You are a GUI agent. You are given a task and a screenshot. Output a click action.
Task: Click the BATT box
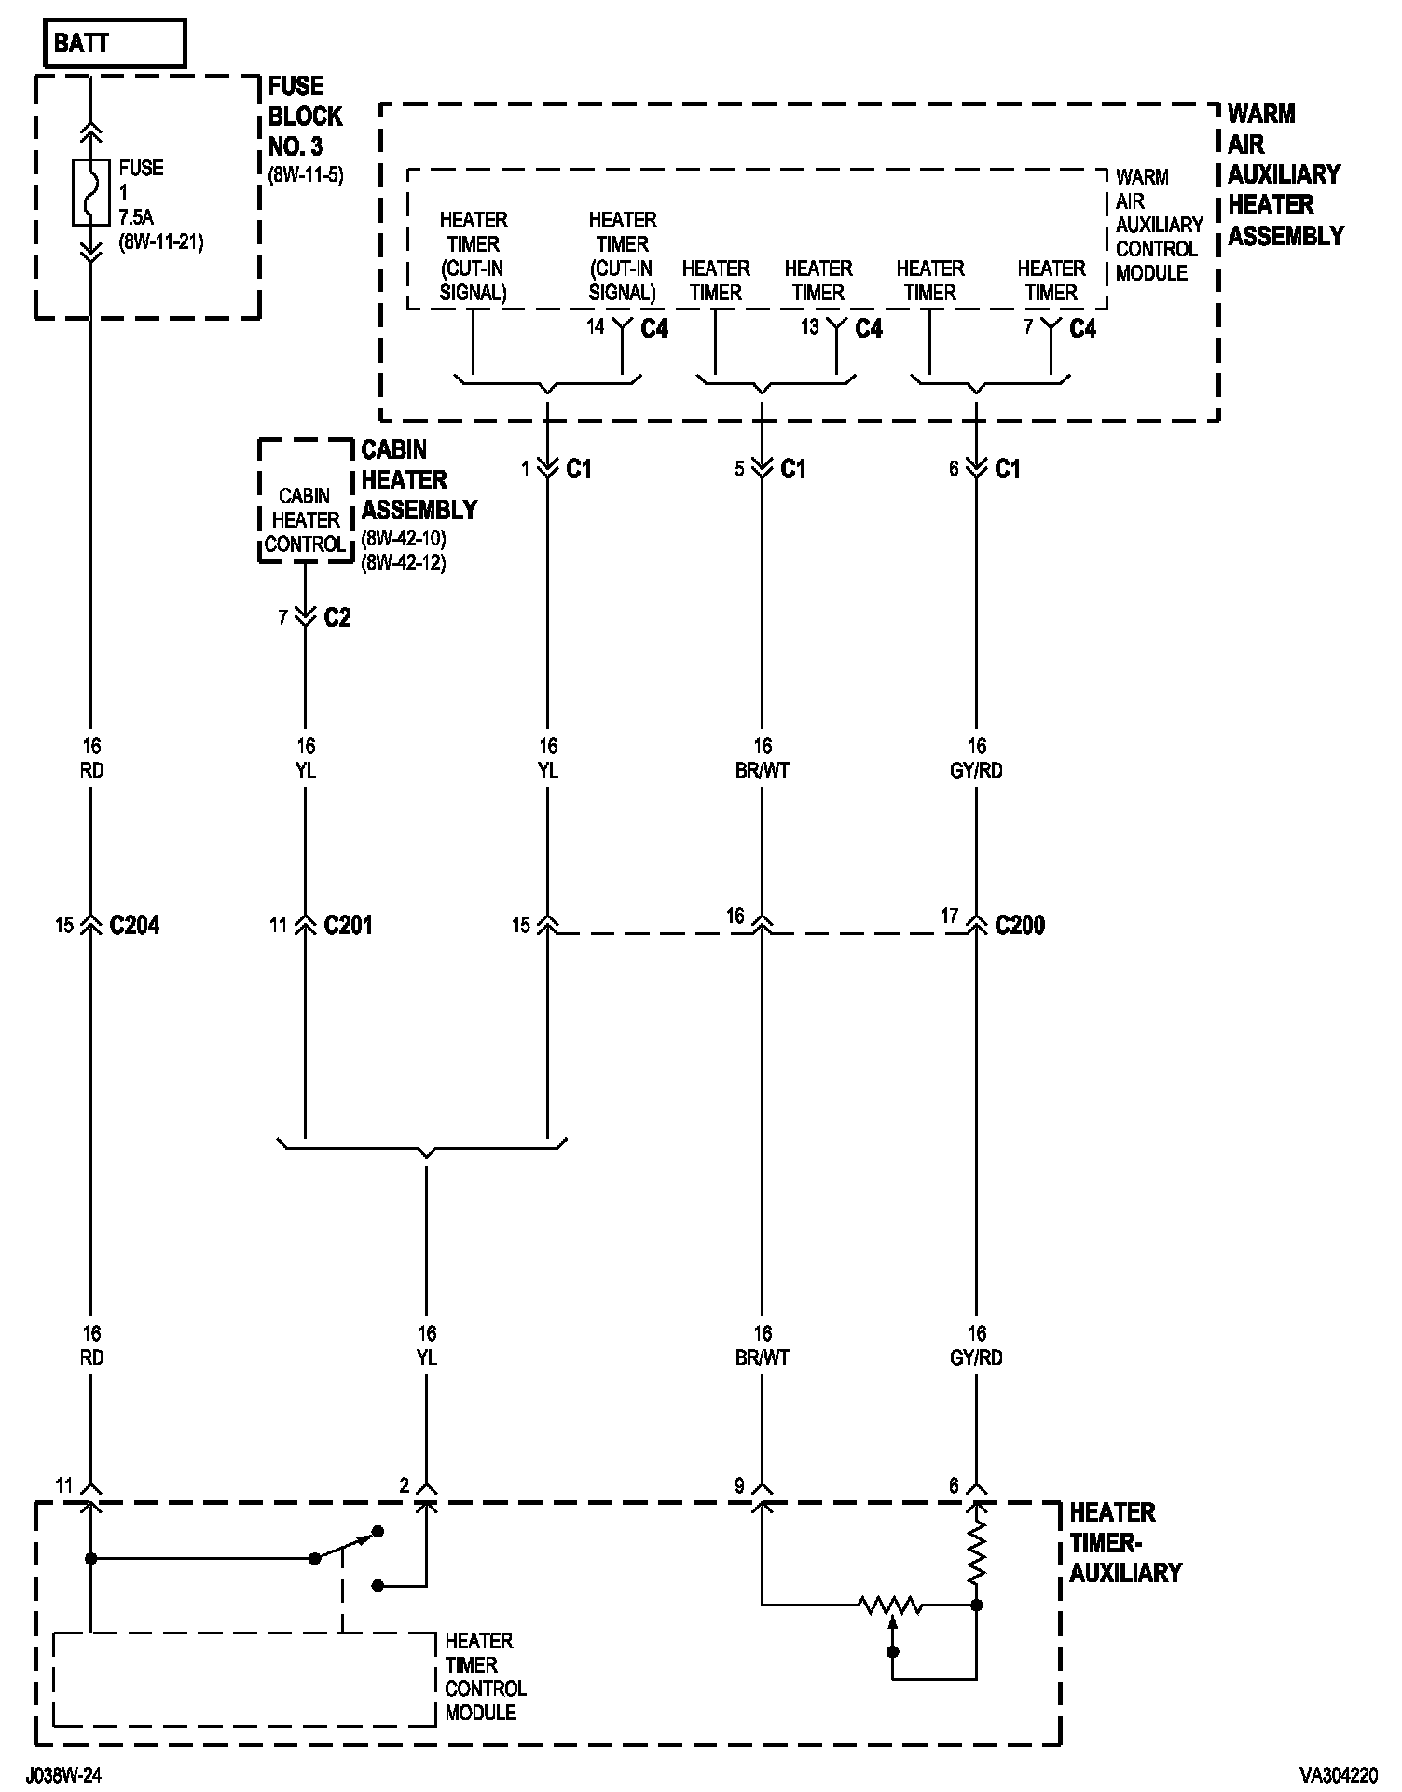pos(115,44)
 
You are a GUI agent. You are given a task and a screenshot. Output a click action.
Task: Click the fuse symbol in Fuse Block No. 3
pos(90,193)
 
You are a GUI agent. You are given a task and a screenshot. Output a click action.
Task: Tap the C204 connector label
pos(134,926)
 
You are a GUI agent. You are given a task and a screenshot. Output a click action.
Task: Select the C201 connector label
pos(348,926)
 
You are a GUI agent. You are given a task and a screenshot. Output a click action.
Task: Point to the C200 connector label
pos(1020,926)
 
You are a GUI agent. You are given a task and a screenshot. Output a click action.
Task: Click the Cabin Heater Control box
pos(305,520)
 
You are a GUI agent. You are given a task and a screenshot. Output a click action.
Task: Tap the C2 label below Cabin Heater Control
pos(337,618)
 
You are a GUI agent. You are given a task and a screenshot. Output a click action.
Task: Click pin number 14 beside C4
pos(596,326)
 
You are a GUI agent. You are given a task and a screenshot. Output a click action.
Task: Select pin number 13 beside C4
pos(809,326)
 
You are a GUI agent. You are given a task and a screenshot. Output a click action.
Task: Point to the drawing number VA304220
pos(1339,1775)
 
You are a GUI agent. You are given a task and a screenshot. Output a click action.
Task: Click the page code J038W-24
pos(63,1775)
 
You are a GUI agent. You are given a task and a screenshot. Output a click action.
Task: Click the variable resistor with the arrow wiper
pos(891,1606)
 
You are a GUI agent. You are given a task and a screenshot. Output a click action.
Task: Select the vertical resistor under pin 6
pos(976,1555)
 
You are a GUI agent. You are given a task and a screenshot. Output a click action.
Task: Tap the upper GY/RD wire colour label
pos(976,771)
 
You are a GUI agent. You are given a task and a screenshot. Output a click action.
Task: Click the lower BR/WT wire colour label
pos(762,1358)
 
